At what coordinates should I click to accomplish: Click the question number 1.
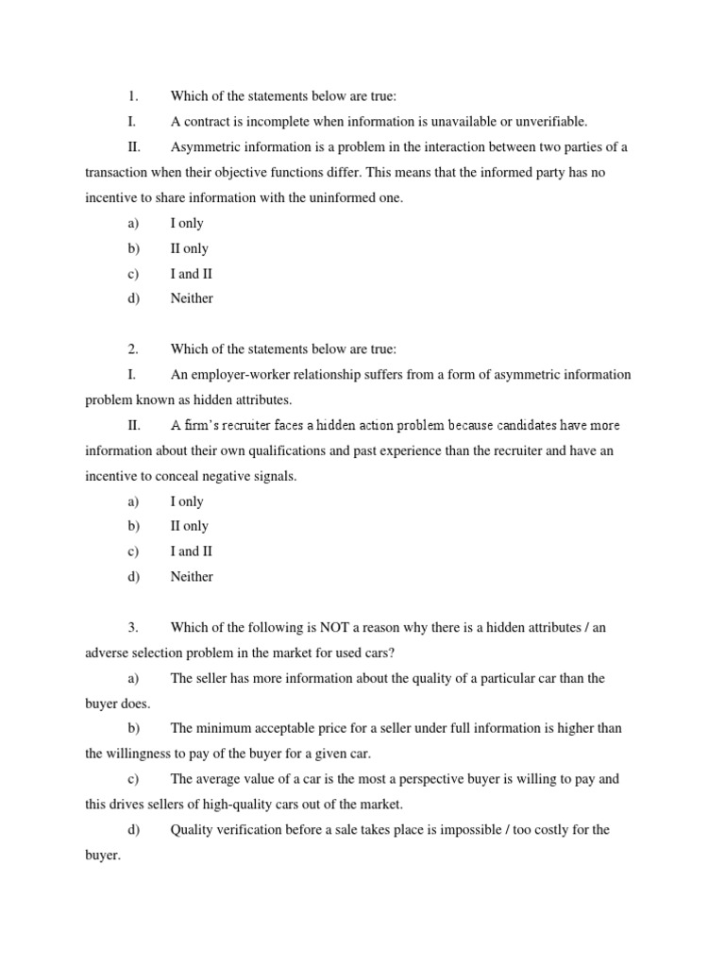click(132, 96)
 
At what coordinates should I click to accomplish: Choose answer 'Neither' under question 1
click(192, 298)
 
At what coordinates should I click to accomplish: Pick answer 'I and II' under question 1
click(192, 274)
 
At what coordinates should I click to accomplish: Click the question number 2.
click(132, 349)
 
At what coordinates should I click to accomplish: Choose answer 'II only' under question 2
click(190, 526)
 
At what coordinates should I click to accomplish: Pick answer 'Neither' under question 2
click(192, 577)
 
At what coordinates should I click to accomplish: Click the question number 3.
click(132, 628)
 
